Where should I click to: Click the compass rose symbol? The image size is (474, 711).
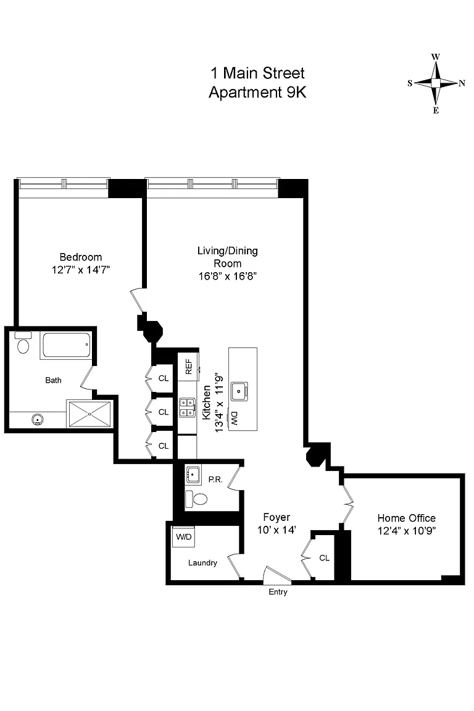[x=436, y=83]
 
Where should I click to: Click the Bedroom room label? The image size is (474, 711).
[x=81, y=257]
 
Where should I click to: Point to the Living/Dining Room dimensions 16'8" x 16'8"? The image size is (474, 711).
[x=228, y=276]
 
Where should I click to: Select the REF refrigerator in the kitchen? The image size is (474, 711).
[x=188, y=367]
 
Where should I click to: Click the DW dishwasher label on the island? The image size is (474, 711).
[x=234, y=418]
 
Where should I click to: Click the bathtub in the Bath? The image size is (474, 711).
[x=66, y=346]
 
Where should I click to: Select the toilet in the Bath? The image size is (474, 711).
[x=23, y=344]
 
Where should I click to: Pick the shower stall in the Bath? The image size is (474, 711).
[x=89, y=414]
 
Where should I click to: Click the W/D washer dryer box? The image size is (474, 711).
[x=184, y=537]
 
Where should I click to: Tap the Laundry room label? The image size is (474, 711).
[x=203, y=563]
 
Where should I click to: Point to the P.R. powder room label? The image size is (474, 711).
[x=215, y=480]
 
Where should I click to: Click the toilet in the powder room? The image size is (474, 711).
[x=196, y=499]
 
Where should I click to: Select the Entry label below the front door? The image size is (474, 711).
[x=278, y=592]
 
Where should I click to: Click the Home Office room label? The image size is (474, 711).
[x=406, y=518]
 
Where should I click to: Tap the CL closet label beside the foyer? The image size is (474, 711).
[x=324, y=558]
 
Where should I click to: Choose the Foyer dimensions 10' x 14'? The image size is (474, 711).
[x=276, y=530]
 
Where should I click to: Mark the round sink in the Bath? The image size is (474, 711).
[x=37, y=419]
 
